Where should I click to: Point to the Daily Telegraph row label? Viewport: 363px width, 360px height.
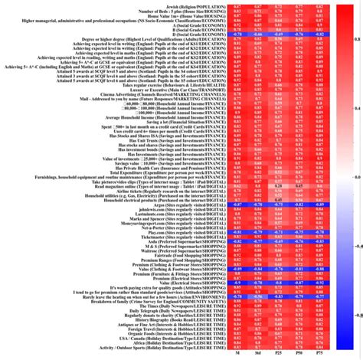pyautogui.click(x=191, y=310)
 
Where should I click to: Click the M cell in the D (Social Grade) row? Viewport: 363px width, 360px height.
pyautogui.click(x=239, y=34)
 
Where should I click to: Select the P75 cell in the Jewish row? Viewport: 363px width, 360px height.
pyautogui.click(x=314, y=5)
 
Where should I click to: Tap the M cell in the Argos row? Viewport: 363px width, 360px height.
pyautogui.click(x=239, y=205)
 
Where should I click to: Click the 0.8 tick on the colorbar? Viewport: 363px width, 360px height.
pyautogui.click(x=352, y=37)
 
